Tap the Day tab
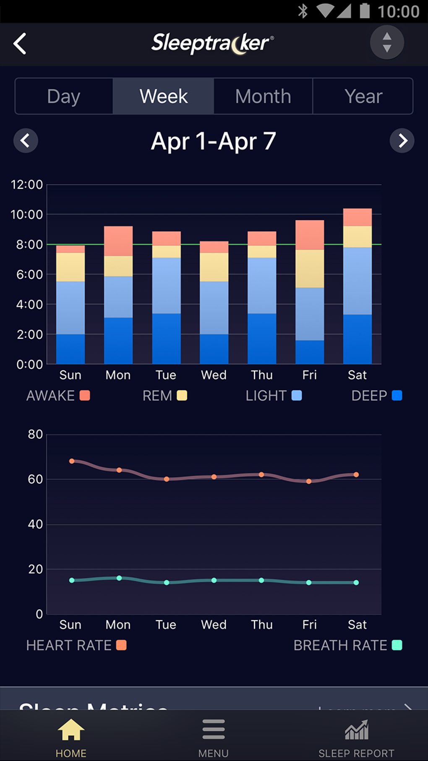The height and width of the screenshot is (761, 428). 64,96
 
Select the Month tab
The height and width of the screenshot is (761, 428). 263,96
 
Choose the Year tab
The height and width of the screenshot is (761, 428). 363,96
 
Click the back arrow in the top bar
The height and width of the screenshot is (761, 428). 20,44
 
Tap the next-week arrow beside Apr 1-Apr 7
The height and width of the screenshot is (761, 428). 402,141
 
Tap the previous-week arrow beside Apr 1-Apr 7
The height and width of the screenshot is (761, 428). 26,141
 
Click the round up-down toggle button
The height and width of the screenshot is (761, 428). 387,42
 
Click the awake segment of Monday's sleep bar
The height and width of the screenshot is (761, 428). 118,241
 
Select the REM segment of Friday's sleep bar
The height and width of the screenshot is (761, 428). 310,269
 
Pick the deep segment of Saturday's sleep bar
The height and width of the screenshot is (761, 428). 358,339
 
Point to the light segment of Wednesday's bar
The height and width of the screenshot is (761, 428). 214,308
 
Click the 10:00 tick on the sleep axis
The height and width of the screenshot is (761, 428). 27,215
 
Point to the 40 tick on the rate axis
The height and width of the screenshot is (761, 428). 35,524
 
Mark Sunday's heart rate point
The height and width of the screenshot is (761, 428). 72,461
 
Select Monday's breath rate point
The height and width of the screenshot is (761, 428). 119,578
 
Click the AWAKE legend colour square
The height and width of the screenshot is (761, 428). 85,396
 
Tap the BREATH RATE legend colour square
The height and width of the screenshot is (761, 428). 397,645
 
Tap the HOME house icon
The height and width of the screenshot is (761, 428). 71,730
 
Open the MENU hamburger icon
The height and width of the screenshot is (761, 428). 214,730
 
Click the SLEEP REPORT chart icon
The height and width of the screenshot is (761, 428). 357,730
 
